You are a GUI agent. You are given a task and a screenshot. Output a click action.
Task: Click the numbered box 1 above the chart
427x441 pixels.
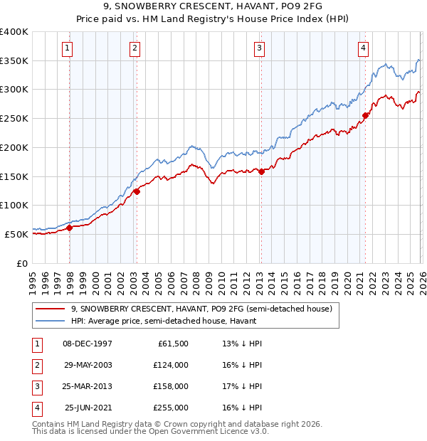pos(67,48)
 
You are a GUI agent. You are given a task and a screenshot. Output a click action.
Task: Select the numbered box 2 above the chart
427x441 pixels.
pos(135,48)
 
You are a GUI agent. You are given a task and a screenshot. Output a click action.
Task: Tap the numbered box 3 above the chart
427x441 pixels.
pos(259,48)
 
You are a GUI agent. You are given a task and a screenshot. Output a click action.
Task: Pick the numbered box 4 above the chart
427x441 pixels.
pos(363,48)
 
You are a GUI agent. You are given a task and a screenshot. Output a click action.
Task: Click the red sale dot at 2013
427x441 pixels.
pos(261,171)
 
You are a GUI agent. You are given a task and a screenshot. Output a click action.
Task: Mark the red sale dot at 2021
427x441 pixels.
pos(365,115)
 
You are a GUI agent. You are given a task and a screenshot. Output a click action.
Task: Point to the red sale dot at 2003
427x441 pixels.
pos(137,191)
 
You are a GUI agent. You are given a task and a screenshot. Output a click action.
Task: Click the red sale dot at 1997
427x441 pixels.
pos(70,228)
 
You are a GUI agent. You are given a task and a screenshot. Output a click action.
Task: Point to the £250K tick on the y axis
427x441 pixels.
pos(14,118)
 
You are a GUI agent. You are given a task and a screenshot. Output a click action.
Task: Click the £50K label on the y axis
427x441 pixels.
pos(17,234)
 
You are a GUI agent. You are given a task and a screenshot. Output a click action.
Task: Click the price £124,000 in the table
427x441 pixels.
pos(171,365)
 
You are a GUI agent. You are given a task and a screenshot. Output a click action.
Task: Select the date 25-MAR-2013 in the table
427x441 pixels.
pos(87,386)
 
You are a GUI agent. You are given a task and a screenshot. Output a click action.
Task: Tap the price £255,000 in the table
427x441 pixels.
pos(171,408)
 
